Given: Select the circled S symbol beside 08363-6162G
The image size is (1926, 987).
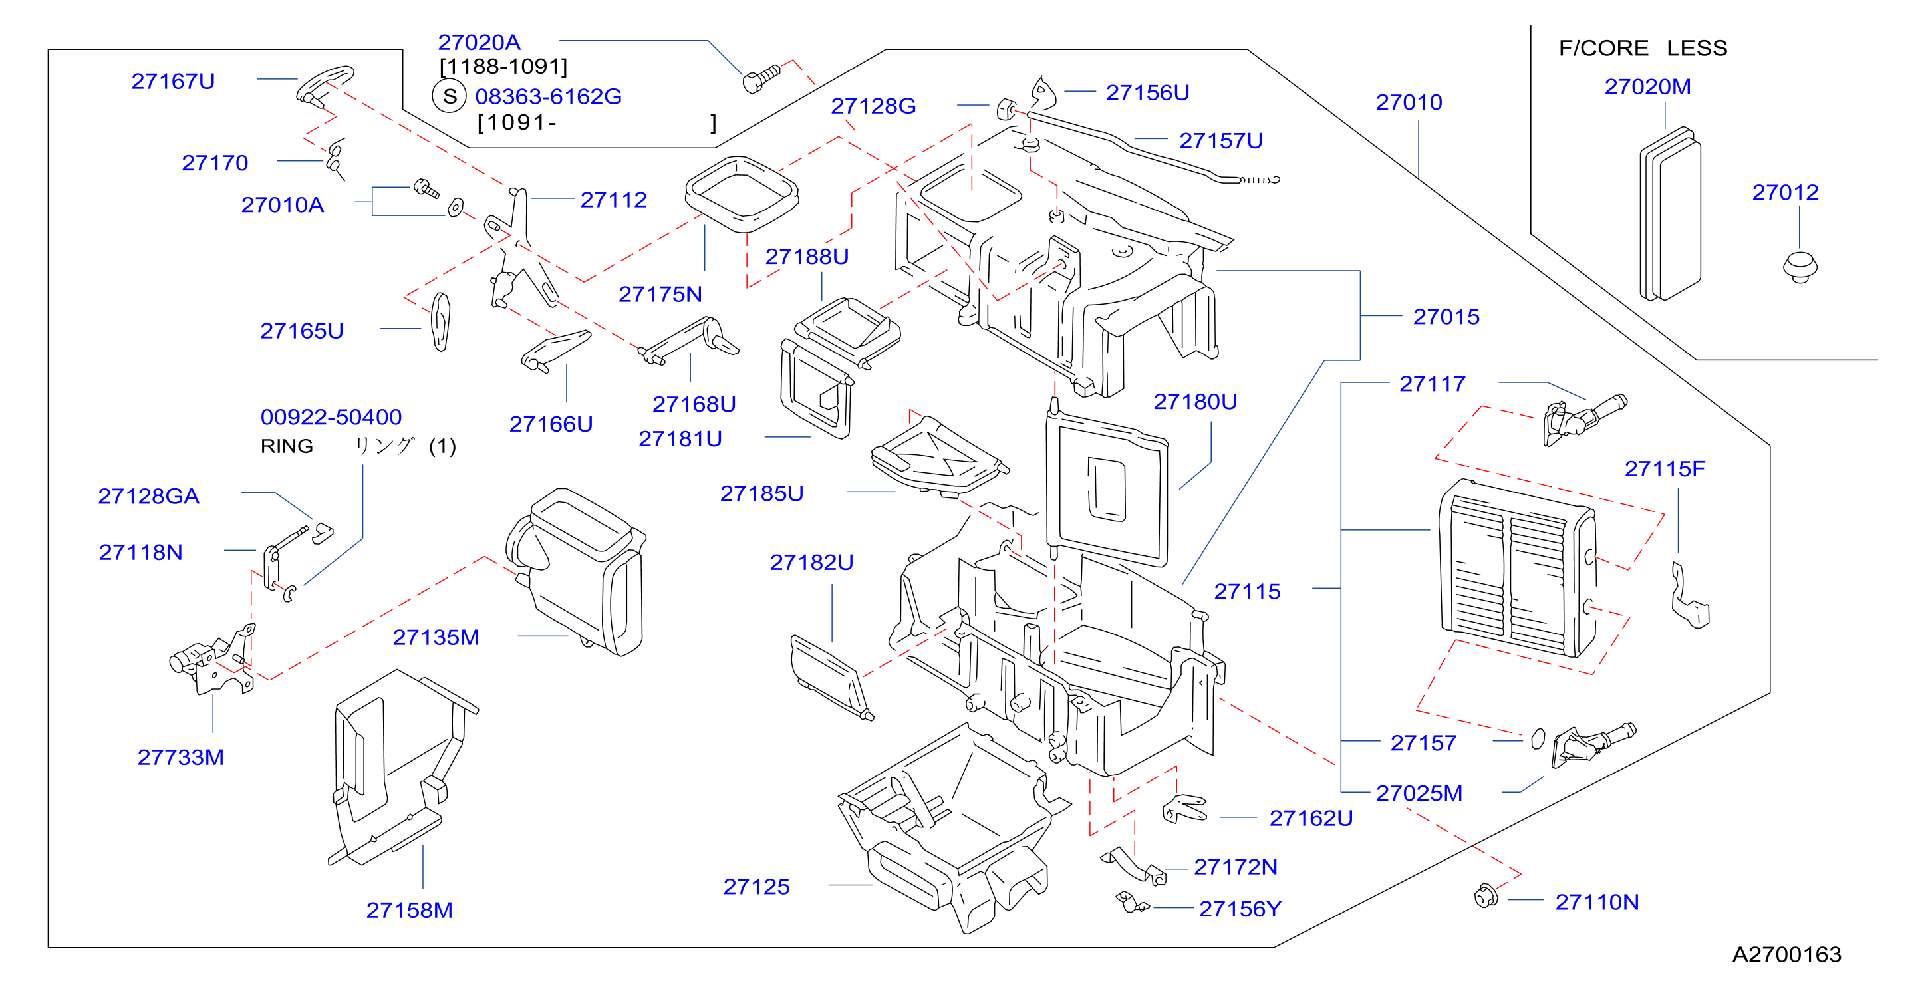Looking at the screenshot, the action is tap(450, 96).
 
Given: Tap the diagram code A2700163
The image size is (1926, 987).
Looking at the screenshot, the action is tap(1786, 954).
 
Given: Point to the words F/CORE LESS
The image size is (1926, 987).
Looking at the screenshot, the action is tap(1643, 48).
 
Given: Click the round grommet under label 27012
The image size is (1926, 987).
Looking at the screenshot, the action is tap(1800, 267).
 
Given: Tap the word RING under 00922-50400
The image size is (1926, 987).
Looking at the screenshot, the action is tap(287, 446).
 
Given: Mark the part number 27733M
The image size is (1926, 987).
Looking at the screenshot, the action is tap(180, 757).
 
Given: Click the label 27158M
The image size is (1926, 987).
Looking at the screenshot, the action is tap(409, 910).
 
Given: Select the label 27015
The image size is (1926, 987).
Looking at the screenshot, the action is tap(1446, 317).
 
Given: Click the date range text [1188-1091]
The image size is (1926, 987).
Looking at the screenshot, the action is tap(503, 67).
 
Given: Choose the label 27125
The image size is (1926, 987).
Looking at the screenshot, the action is tap(756, 886).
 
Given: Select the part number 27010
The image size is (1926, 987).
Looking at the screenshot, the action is tap(1409, 102).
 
